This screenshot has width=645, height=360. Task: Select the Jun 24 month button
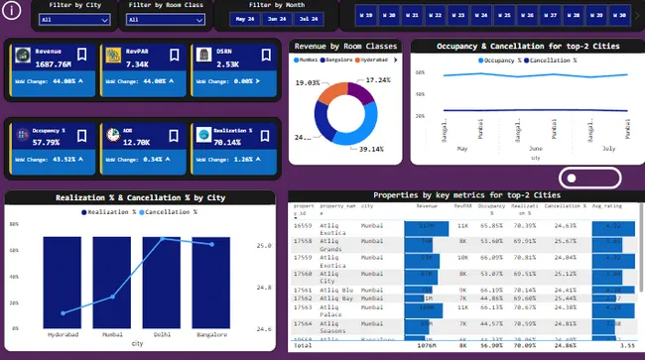point(276,19)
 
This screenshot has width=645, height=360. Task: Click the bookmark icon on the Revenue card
point(84,55)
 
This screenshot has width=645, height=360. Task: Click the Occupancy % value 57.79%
point(49,142)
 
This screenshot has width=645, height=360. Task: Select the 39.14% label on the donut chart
point(370,149)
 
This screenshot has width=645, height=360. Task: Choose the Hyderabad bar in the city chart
point(64,278)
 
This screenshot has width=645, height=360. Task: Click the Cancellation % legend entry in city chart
point(169,212)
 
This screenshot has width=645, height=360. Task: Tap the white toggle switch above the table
point(578,178)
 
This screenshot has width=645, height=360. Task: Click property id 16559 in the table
point(303,226)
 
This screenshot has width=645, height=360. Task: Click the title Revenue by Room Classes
point(345,47)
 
